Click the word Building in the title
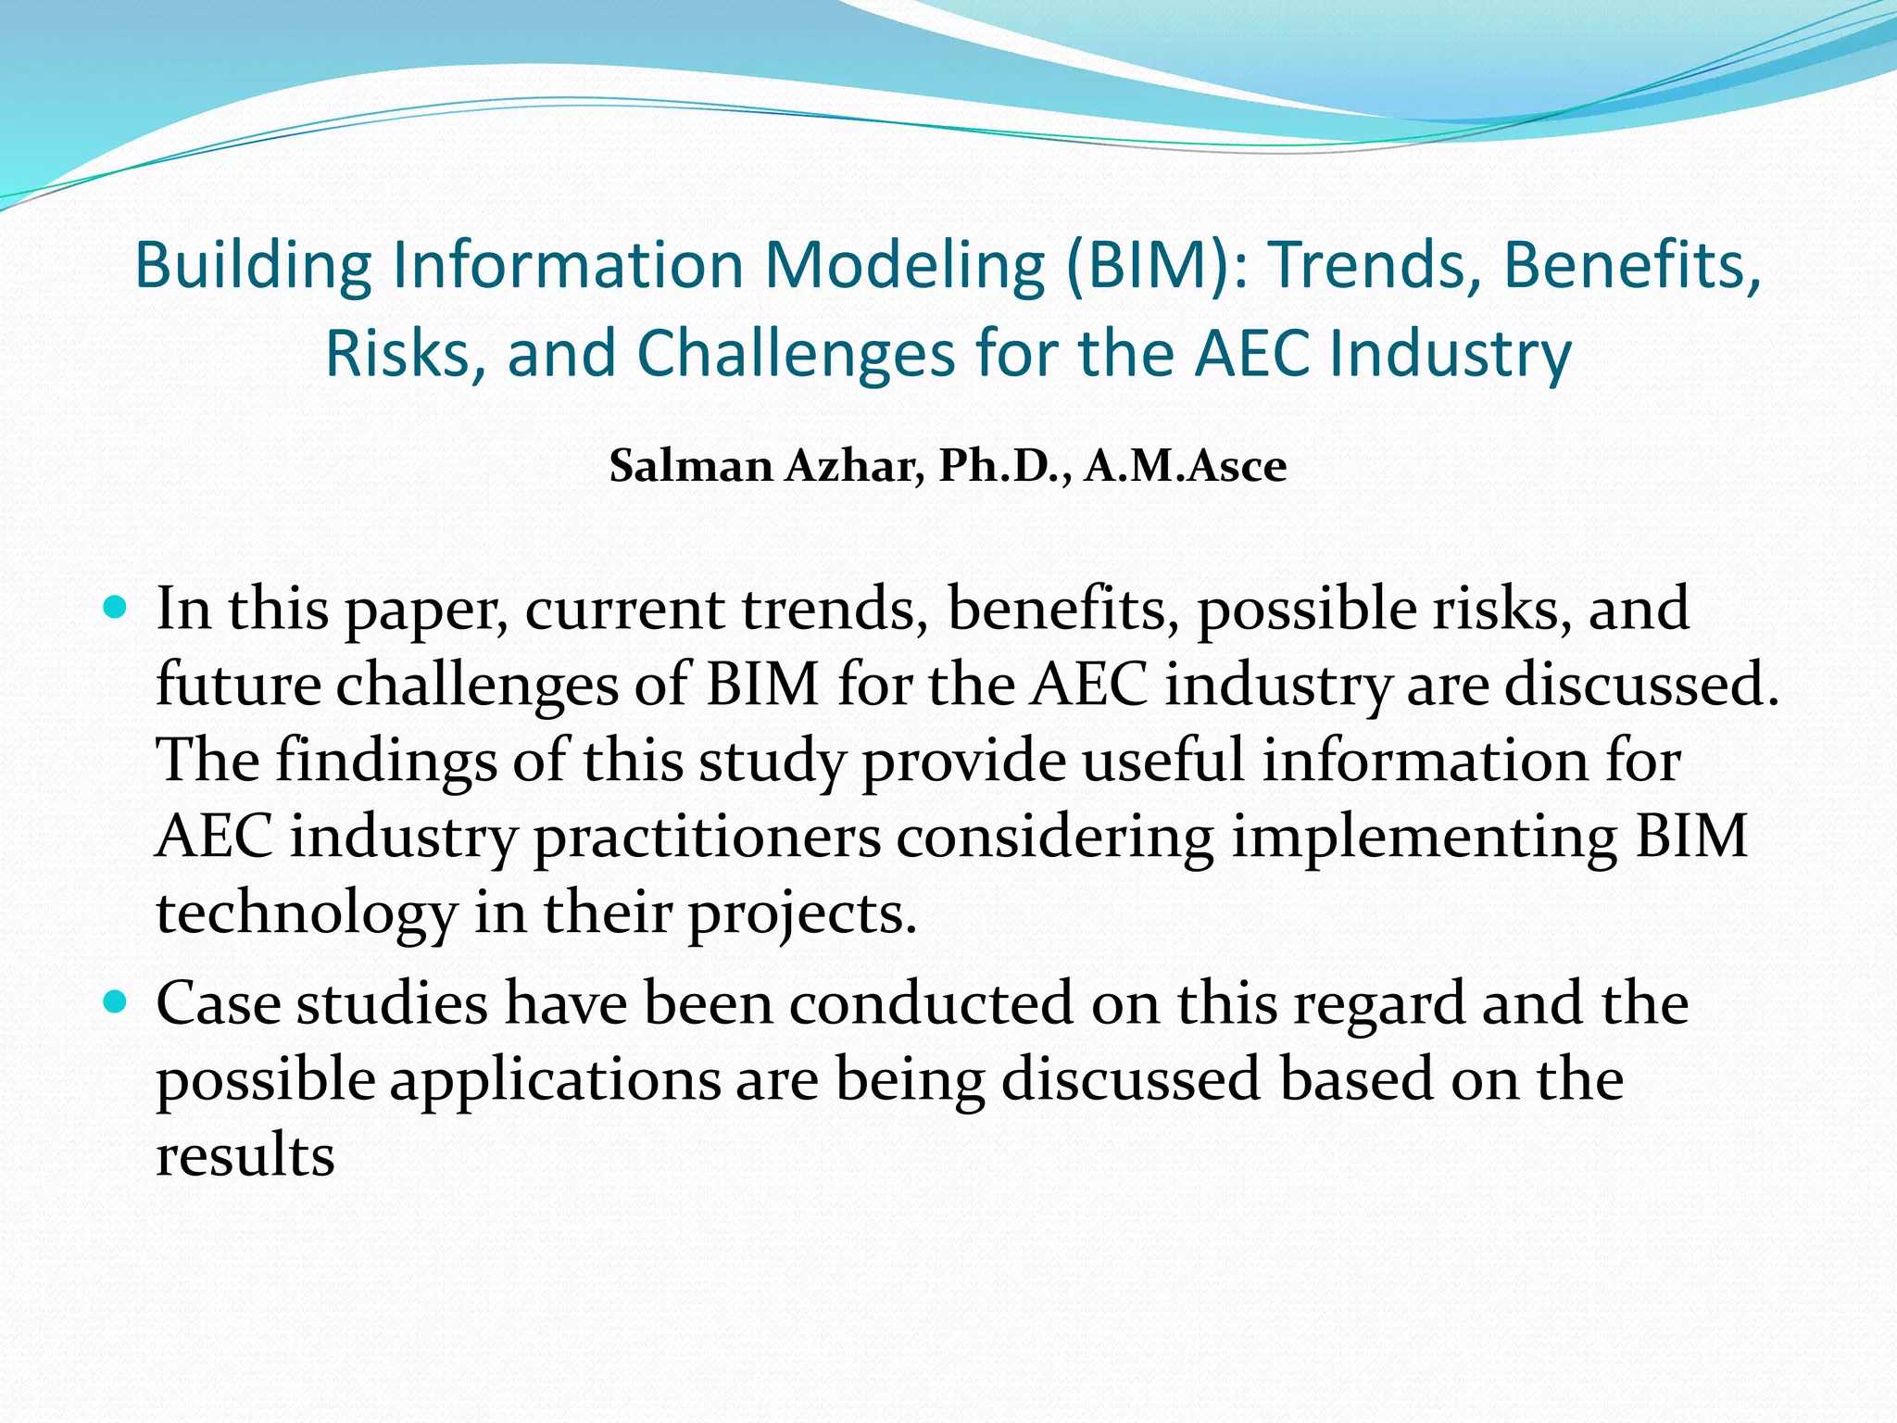click(253, 266)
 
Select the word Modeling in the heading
click(903, 266)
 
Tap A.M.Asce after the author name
click(1186, 466)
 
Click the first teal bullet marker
click(115, 608)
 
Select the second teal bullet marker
click(115, 1001)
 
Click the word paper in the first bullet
click(426, 611)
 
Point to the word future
click(238, 686)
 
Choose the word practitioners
click(707, 837)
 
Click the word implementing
click(1424, 837)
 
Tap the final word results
click(245, 1156)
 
